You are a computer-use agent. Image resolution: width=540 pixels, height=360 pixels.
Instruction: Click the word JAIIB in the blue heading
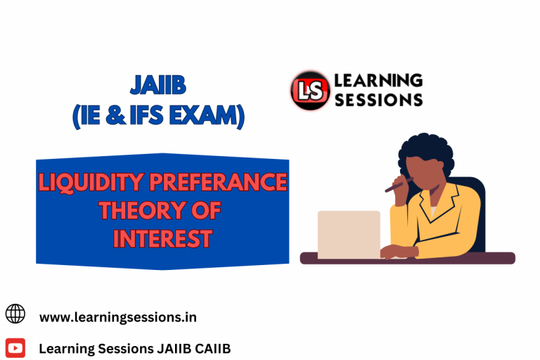(x=158, y=86)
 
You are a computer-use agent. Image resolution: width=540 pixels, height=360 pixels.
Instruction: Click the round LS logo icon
(x=310, y=91)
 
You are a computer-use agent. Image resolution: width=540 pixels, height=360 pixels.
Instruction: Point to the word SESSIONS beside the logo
(x=378, y=99)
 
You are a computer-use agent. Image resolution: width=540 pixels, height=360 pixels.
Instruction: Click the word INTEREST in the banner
(x=162, y=239)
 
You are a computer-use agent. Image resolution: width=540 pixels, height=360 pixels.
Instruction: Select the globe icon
(x=15, y=314)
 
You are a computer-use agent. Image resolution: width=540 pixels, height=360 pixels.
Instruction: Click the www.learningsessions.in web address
(x=117, y=317)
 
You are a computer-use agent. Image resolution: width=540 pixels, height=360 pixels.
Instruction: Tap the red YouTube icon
(x=15, y=347)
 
